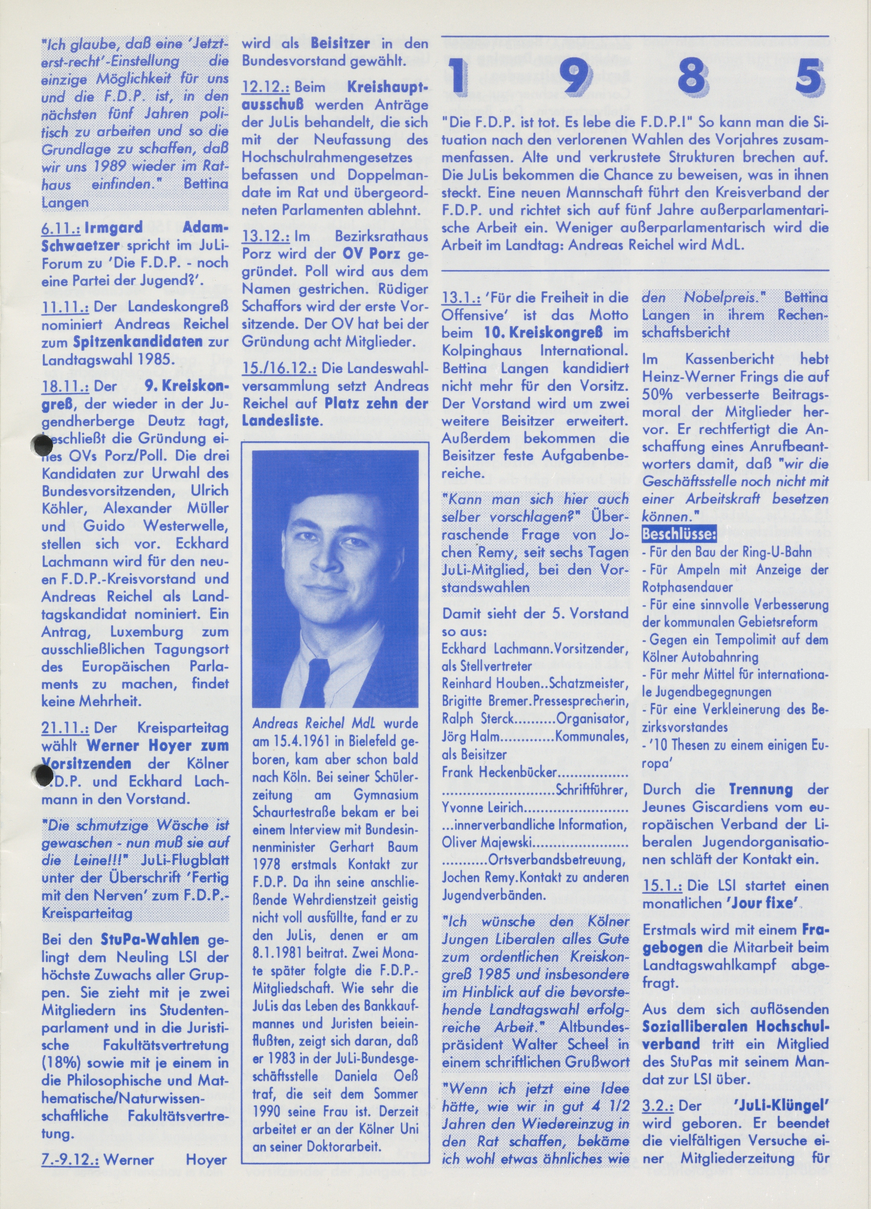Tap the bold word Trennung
point(760,789)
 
